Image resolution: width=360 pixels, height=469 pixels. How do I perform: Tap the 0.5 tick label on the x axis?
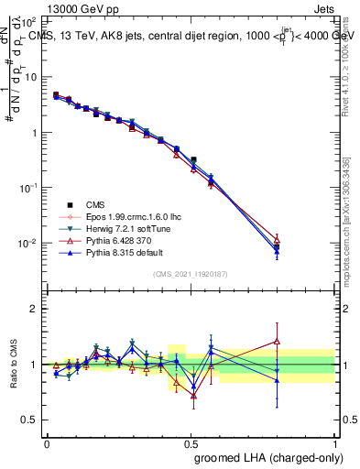191,442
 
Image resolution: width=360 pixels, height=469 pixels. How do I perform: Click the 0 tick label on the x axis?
47,442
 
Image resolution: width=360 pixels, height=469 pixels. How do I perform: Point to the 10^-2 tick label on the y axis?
29,243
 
